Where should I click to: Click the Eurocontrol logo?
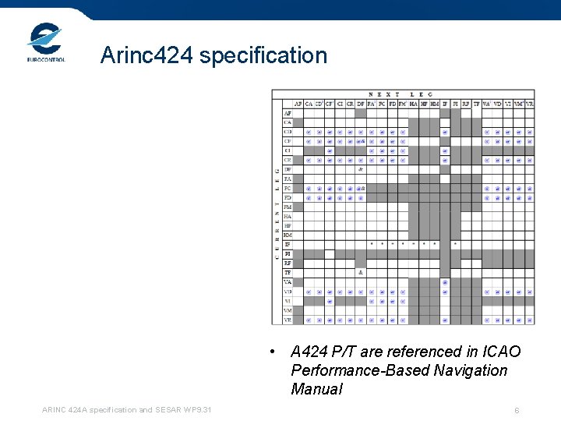46,42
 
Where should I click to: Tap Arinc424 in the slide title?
149,55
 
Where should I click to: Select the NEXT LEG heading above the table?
400,94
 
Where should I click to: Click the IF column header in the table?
445,104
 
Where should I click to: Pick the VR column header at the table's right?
530,104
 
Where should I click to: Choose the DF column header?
360,104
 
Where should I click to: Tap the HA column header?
413,104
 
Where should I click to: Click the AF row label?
288,113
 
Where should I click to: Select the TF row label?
288,273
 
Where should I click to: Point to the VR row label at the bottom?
288,320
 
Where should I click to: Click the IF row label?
288,244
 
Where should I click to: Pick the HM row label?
288,235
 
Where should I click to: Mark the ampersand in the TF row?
360,273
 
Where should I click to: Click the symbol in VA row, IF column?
445,282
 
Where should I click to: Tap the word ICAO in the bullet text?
495,352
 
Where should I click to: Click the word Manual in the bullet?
316,389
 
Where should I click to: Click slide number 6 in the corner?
517,411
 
